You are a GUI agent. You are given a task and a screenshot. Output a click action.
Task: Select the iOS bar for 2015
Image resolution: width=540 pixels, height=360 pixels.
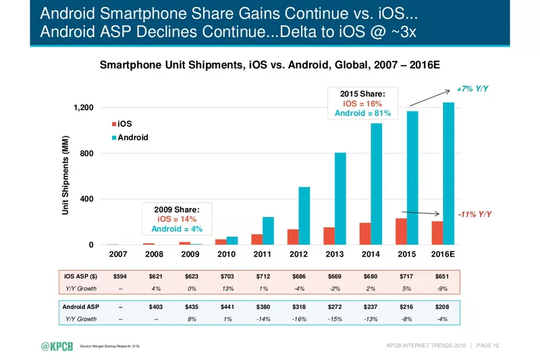point(401,232)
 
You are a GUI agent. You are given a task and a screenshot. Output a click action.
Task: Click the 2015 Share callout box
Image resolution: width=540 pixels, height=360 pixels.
point(362,103)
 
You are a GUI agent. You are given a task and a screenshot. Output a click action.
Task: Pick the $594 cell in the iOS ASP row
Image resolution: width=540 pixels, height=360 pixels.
point(119,276)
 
